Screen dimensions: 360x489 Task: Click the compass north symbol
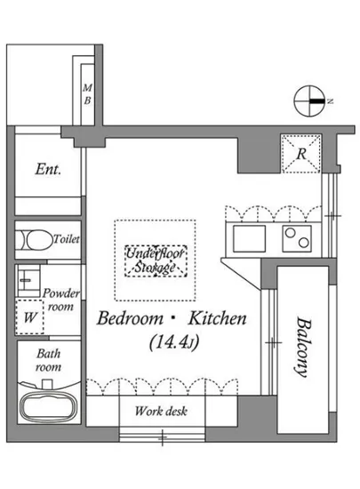tap(310, 101)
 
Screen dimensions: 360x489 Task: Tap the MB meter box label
tap(87, 94)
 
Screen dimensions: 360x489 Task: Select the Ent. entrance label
tap(48, 169)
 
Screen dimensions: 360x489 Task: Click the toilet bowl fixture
tap(35, 240)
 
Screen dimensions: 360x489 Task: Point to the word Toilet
tap(67, 239)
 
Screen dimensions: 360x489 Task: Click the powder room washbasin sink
tap(28, 280)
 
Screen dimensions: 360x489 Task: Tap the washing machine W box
tap(29, 317)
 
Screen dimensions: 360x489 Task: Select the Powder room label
tap(61, 300)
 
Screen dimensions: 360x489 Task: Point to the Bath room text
tap(48, 360)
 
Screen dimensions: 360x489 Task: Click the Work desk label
tap(161, 411)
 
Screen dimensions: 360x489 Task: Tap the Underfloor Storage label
tap(156, 261)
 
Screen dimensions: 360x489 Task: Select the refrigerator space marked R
tap(301, 154)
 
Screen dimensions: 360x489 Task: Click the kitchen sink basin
tap(250, 239)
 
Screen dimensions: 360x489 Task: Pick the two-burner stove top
tap(297, 239)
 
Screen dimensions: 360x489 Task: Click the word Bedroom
tap(130, 318)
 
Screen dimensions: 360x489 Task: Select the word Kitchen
tap(218, 318)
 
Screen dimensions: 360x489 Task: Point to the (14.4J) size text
tap(174, 342)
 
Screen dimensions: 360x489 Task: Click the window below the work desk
tap(162, 436)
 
